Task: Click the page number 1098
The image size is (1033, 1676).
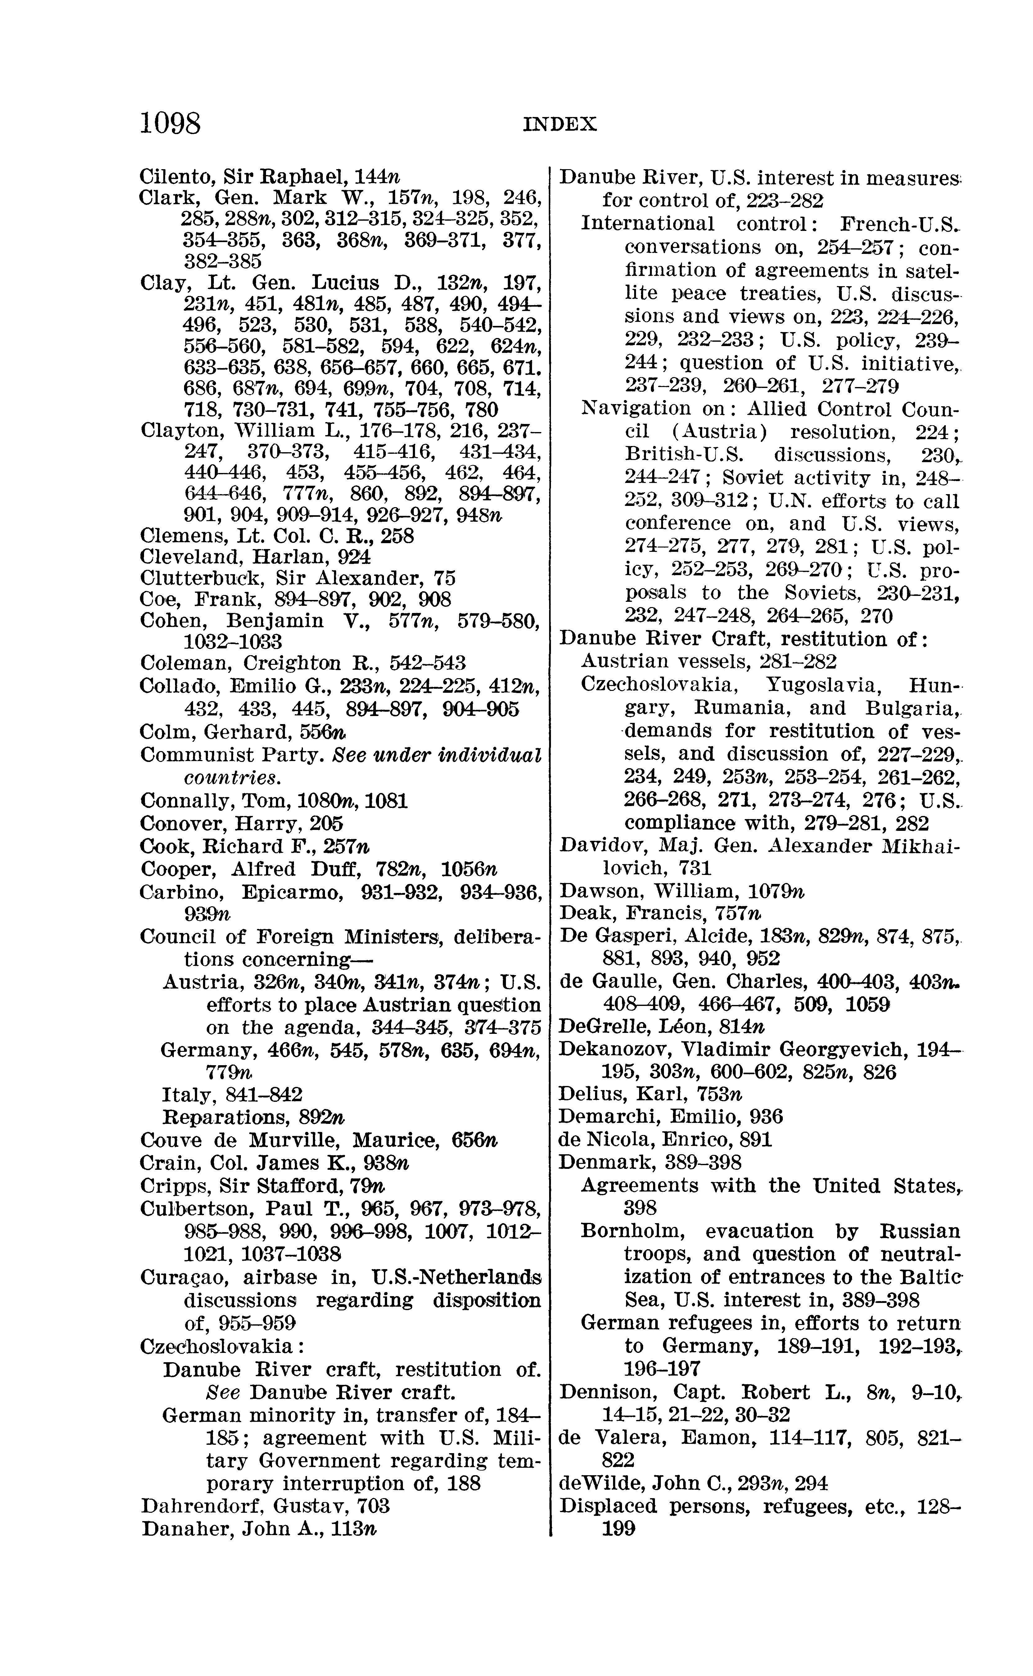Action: coord(171,124)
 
